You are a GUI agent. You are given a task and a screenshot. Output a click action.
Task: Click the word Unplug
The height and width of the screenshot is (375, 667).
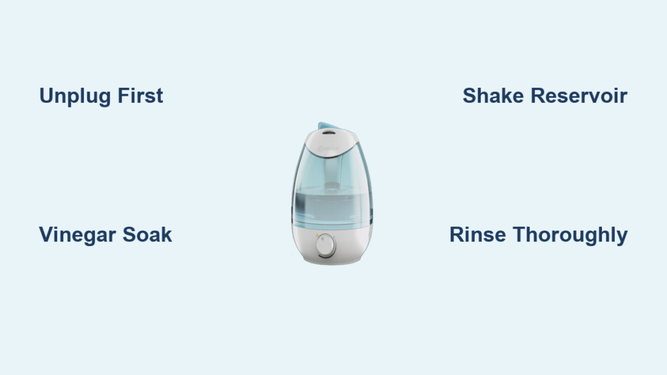pos(76,96)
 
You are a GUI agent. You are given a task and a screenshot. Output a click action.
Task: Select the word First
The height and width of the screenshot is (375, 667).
pos(141,96)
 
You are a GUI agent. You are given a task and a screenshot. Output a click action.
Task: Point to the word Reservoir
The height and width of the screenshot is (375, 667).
pos(579,96)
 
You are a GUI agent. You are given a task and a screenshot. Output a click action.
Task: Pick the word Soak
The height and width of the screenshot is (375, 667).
pos(147,234)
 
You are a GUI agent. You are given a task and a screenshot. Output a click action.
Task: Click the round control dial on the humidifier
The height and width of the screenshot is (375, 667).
pos(326,245)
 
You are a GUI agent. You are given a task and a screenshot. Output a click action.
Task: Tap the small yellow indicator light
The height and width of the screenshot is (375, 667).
pos(317,235)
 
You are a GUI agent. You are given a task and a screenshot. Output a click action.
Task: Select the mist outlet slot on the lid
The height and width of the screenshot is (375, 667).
pos(328,133)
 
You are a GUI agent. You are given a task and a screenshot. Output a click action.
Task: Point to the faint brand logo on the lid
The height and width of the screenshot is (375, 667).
pos(328,148)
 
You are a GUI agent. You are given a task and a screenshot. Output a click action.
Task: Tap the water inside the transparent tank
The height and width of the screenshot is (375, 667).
pos(332,208)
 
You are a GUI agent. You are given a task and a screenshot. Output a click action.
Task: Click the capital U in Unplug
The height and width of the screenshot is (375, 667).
pos(46,96)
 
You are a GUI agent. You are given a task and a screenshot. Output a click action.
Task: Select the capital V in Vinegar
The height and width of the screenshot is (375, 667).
pos(47,234)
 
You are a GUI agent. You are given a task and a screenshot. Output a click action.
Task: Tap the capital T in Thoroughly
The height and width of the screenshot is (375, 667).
pos(520,234)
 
